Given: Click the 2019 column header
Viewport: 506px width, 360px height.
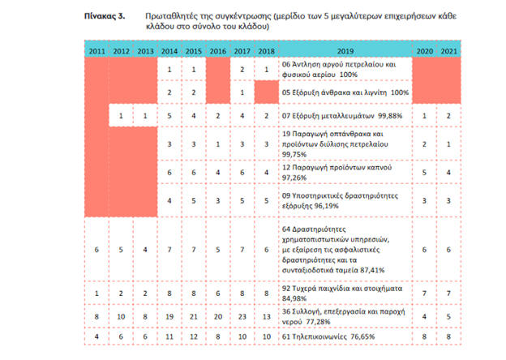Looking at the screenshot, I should [343, 51].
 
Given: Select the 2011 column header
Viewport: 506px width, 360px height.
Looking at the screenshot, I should [97, 51].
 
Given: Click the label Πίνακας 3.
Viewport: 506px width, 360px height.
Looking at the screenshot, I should [104, 15].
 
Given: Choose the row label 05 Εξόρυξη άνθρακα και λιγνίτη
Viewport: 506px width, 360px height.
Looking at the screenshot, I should [341, 92].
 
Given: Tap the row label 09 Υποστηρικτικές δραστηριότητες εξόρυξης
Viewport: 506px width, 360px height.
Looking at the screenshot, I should [341, 199].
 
